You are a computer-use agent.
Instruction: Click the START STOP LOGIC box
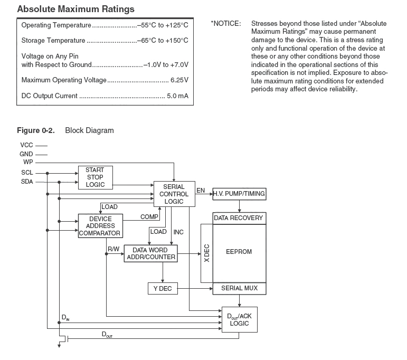(95, 177)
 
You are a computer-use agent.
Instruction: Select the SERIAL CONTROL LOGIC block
(174, 194)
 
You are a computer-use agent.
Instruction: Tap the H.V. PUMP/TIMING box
(239, 194)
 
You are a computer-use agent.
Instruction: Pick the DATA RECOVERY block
(239, 218)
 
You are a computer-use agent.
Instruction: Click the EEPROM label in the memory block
(239, 252)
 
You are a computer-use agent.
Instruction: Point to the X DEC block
(207, 253)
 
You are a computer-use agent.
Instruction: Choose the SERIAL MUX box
(239, 288)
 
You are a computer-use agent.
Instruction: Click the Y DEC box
(163, 288)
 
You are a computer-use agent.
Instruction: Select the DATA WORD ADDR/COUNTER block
(150, 253)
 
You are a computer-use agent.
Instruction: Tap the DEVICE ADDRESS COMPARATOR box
(100, 226)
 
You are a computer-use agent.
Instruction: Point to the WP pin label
(27, 162)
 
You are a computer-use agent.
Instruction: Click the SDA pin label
(27, 182)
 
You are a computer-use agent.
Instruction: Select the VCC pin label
(26, 145)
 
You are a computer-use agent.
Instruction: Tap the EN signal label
(201, 190)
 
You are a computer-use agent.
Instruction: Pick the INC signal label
(178, 232)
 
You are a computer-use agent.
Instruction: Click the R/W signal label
(113, 248)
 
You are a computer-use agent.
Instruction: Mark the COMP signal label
(149, 217)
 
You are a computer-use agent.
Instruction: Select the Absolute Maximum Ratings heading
(76, 9)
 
